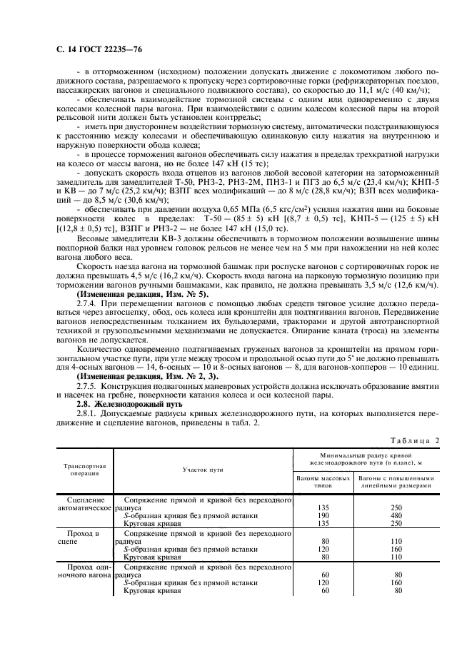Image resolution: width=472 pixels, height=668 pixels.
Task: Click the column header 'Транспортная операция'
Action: point(85,467)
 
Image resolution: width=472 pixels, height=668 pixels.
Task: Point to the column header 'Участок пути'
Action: point(204,468)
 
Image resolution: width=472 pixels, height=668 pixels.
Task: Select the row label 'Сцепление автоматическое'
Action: point(85,504)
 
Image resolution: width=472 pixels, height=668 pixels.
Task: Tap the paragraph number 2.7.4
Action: point(88,303)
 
